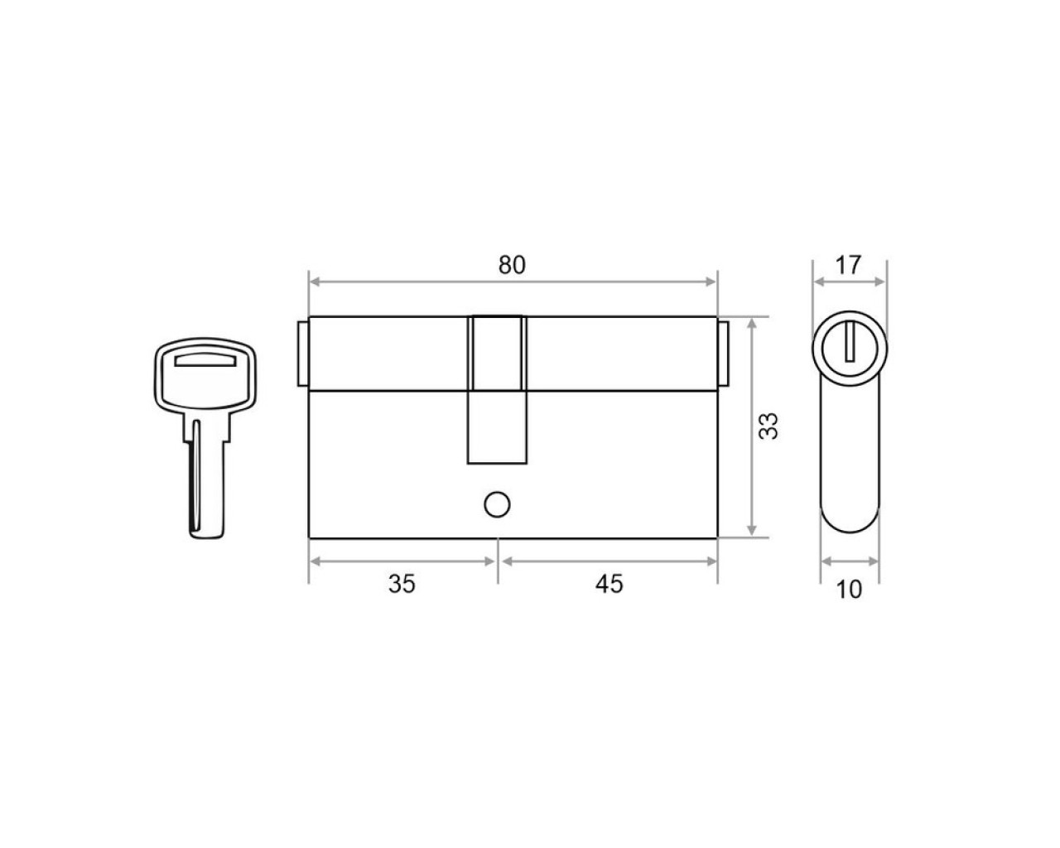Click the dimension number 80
pos(512,265)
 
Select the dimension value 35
pos(402,584)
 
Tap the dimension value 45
pos(609,584)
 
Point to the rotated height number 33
pos(768,426)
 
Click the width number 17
pos(848,265)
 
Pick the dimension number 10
pos(849,590)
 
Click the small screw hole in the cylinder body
pos(497,504)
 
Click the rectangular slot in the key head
pos(205,360)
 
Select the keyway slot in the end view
pos(850,341)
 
